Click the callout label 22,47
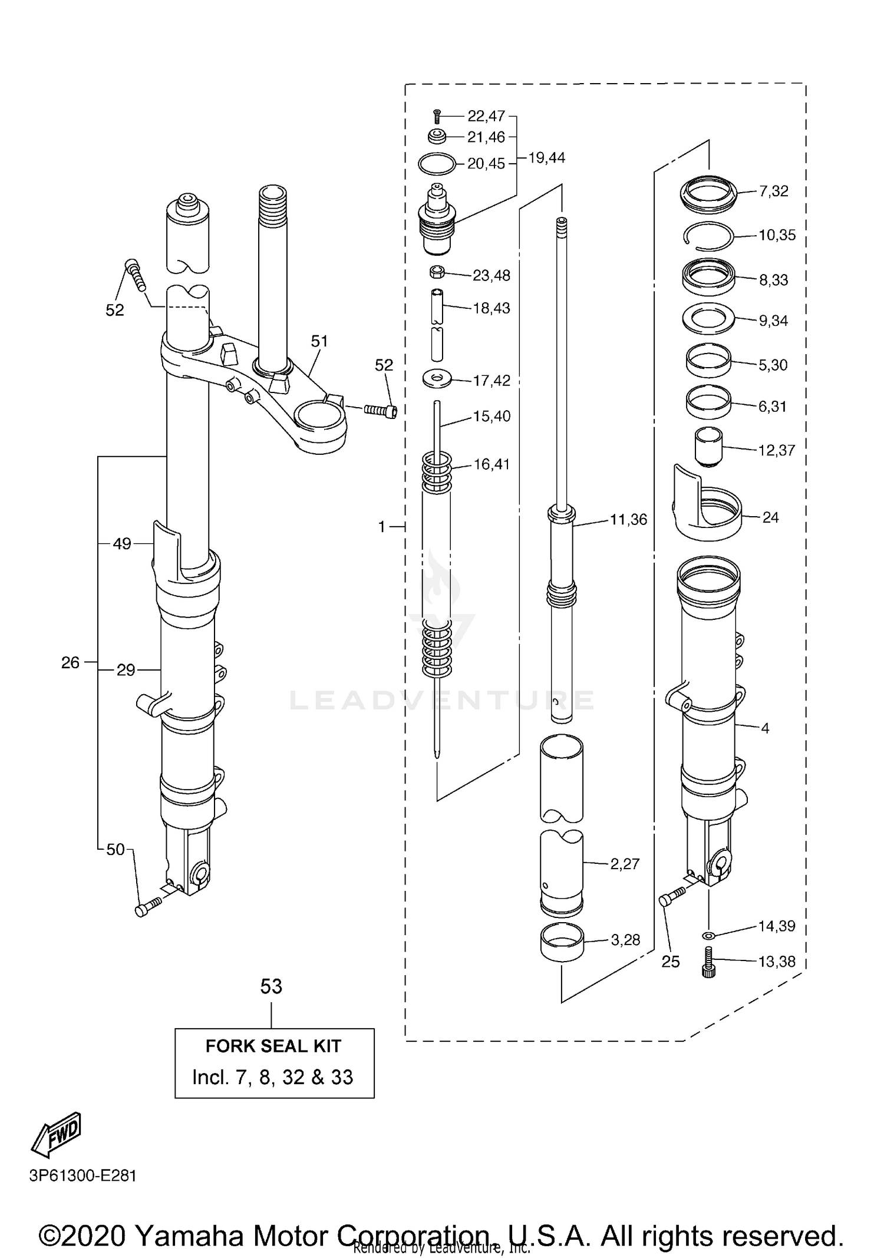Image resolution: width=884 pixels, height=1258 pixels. (x=486, y=115)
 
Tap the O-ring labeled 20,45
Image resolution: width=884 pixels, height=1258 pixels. (x=437, y=163)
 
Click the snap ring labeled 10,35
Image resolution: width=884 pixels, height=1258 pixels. (x=708, y=236)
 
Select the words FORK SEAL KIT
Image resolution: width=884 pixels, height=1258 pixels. (x=273, y=1046)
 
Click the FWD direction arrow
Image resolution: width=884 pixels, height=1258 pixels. (x=56, y=1134)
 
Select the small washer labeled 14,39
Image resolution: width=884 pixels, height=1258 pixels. (x=708, y=936)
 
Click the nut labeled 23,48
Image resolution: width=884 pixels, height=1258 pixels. (x=437, y=272)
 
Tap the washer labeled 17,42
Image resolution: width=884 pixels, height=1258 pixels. (x=437, y=378)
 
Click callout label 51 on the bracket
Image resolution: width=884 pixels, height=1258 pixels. (x=319, y=341)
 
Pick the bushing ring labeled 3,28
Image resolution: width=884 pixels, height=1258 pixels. (x=562, y=942)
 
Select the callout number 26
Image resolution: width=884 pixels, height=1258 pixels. (x=70, y=663)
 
